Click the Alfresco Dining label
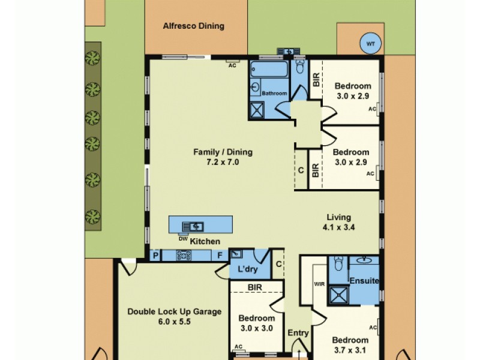[x=193, y=26]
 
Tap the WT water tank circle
[x=370, y=43]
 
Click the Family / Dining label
[x=223, y=152]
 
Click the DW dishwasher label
[x=183, y=239]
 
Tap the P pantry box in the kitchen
[x=155, y=256]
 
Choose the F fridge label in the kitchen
[x=220, y=256]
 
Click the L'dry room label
[x=248, y=269]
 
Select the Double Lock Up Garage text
[x=174, y=311]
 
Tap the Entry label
[x=298, y=333]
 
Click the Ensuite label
[x=365, y=280]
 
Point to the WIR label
[x=318, y=283]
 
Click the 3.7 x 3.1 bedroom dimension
[x=350, y=350]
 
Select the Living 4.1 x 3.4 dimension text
[x=338, y=227]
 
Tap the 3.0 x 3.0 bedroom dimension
[x=256, y=328]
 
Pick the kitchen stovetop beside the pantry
[x=183, y=256]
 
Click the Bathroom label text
[x=274, y=93]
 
